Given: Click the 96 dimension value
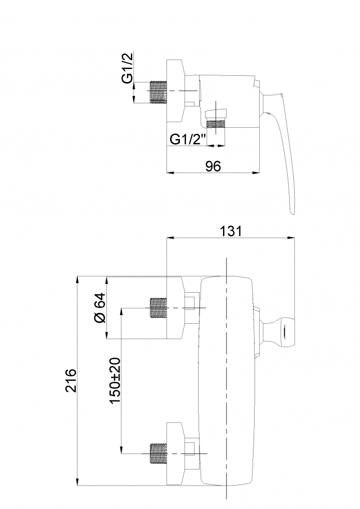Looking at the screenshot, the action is tap(213, 166).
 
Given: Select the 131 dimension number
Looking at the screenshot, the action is tap(231, 232).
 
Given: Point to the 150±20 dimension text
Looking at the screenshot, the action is tap(115, 380).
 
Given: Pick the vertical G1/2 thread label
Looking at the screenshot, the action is tap(128, 69).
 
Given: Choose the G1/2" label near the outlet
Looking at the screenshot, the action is tap(188, 139).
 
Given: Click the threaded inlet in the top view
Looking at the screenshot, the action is tap(158, 92).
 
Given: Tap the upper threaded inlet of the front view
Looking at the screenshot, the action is tap(158, 307).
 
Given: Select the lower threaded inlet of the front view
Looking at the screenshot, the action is tap(158, 454).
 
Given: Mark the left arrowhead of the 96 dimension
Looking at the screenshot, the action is tap(169, 173).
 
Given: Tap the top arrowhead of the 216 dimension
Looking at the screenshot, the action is tap(78, 279).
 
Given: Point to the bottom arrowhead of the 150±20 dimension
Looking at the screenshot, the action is tap(121, 450).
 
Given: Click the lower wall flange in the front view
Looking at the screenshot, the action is tap(175, 454).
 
